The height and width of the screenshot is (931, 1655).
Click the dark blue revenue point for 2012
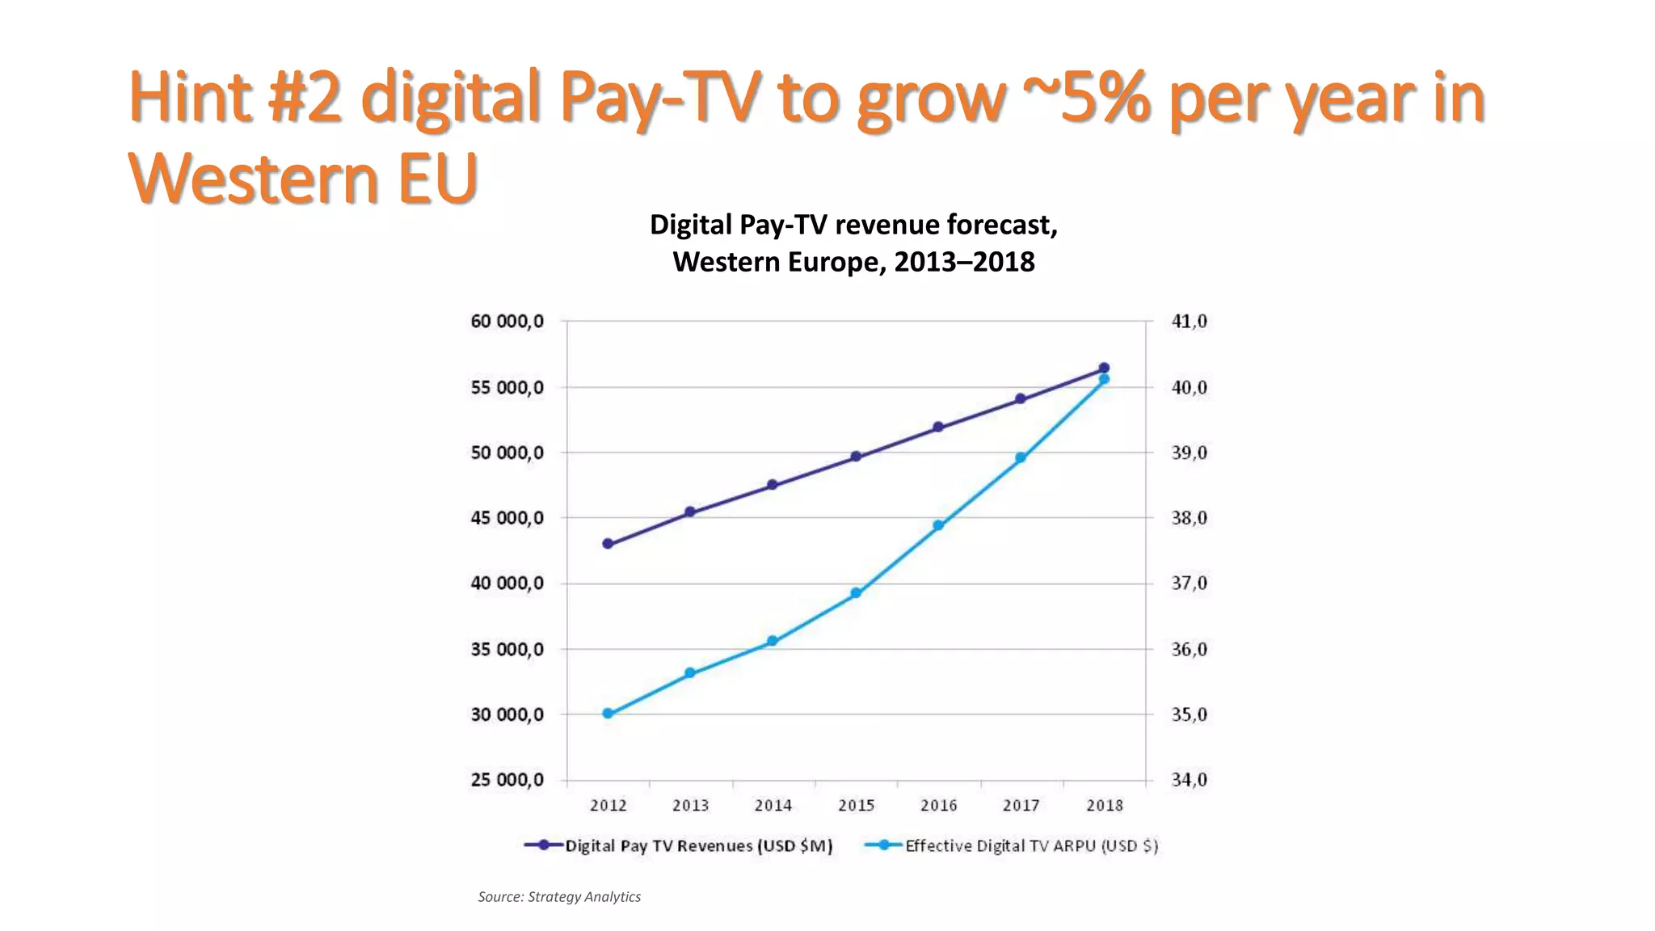tap(608, 544)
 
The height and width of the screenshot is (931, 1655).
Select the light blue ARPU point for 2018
tap(1104, 379)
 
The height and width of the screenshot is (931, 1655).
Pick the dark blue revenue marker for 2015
tap(856, 457)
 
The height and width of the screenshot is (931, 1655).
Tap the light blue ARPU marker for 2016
tap(938, 525)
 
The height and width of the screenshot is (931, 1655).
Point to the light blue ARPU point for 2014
tap(773, 641)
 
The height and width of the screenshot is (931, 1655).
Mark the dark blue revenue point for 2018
tap(1104, 368)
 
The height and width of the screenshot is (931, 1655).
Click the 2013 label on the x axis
tap(690, 805)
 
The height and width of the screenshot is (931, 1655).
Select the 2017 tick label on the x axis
tap(1021, 805)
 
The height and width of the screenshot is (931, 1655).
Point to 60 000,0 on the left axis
tap(507, 322)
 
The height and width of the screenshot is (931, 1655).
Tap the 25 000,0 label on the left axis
tap(507, 780)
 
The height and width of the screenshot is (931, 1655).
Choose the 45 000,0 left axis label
tap(507, 518)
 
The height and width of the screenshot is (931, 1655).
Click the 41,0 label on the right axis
tap(1189, 322)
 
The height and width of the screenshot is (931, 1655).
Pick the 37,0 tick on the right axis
tap(1189, 583)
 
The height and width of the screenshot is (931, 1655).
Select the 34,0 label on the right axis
tap(1189, 780)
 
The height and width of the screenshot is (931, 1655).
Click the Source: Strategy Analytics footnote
tap(559, 896)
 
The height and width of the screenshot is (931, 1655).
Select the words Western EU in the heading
tap(303, 179)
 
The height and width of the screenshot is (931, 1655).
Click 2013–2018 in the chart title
tap(964, 262)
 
